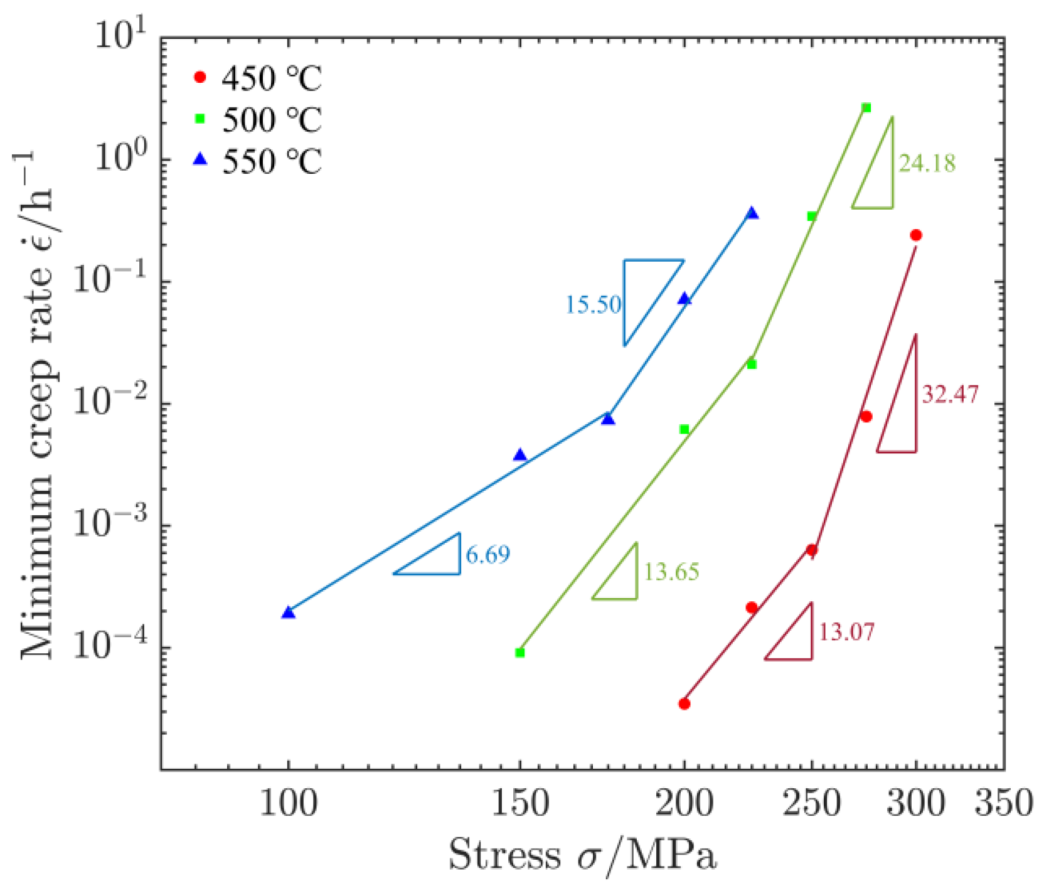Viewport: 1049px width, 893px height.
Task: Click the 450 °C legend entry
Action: (257, 78)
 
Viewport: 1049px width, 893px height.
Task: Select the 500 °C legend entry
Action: (257, 120)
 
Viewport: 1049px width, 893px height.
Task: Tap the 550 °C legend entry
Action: (257, 161)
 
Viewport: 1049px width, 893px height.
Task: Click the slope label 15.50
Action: (593, 305)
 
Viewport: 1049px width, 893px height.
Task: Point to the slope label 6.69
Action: (488, 555)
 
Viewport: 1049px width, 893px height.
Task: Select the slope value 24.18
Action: (927, 163)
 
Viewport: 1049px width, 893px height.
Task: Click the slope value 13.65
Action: (671, 572)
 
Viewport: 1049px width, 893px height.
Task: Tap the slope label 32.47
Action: (950, 394)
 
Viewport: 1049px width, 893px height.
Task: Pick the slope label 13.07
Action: (846, 631)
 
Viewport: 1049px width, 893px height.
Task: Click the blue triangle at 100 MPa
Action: (289, 612)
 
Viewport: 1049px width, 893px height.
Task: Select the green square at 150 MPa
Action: (519, 653)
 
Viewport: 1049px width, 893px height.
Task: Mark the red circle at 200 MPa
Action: (684, 703)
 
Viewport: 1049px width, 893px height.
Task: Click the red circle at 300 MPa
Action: (916, 235)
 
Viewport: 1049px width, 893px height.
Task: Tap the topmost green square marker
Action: (866, 108)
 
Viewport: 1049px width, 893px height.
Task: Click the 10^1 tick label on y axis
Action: (120, 36)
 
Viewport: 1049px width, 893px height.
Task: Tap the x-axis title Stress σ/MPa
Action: (582, 856)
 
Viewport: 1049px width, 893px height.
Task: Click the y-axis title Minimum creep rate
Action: (39, 405)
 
